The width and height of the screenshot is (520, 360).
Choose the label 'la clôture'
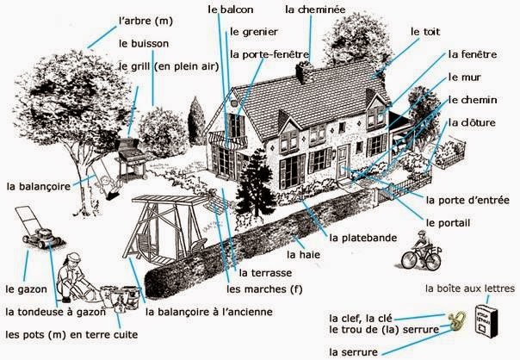(x=472, y=122)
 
